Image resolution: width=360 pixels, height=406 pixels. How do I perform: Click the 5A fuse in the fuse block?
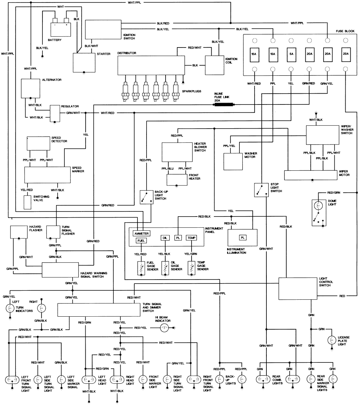point(291,54)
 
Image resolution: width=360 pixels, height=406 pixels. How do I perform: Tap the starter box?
point(84,63)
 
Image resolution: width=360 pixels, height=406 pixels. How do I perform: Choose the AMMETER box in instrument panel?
point(141,233)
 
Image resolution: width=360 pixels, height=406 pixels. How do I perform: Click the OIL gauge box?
point(165,238)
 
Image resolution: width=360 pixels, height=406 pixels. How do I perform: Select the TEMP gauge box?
point(191,238)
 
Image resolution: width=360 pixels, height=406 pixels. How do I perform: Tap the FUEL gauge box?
point(141,240)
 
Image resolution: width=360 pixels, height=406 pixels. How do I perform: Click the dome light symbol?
point(319,213)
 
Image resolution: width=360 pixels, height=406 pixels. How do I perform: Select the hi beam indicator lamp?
point(165,328)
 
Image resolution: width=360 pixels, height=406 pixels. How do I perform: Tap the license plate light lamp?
point(330,340)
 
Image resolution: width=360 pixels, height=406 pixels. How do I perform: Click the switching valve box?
point(27,202)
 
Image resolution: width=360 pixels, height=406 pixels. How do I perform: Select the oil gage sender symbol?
point(165,268)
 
